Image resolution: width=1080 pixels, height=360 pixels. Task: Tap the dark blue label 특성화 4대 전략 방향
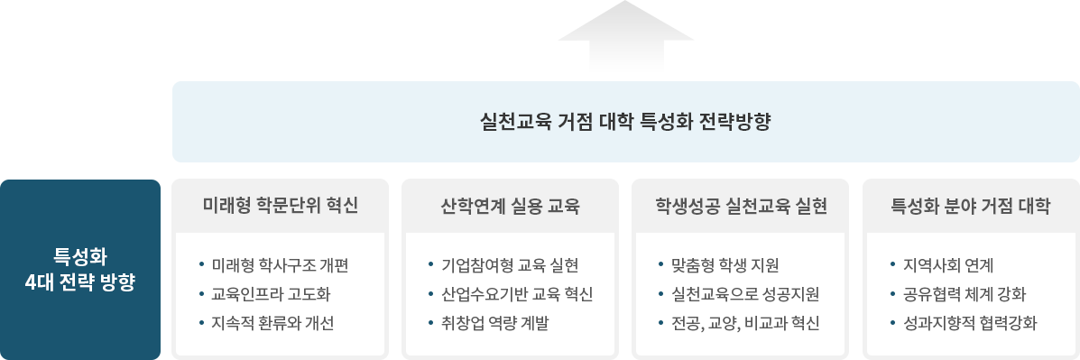tap(80, 268)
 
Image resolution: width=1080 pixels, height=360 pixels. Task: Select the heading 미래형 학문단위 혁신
tap(281, 206)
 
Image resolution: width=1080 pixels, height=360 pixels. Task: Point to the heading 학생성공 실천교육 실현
tap(742, 206)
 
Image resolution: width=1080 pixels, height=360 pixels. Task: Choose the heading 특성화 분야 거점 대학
tap(971, 206)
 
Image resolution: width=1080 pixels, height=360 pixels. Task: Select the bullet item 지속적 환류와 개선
tap(272, 323)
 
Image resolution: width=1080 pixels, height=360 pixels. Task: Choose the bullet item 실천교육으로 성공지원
tap(745, 294)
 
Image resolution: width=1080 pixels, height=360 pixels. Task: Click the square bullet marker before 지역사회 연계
tap(891, 265)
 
